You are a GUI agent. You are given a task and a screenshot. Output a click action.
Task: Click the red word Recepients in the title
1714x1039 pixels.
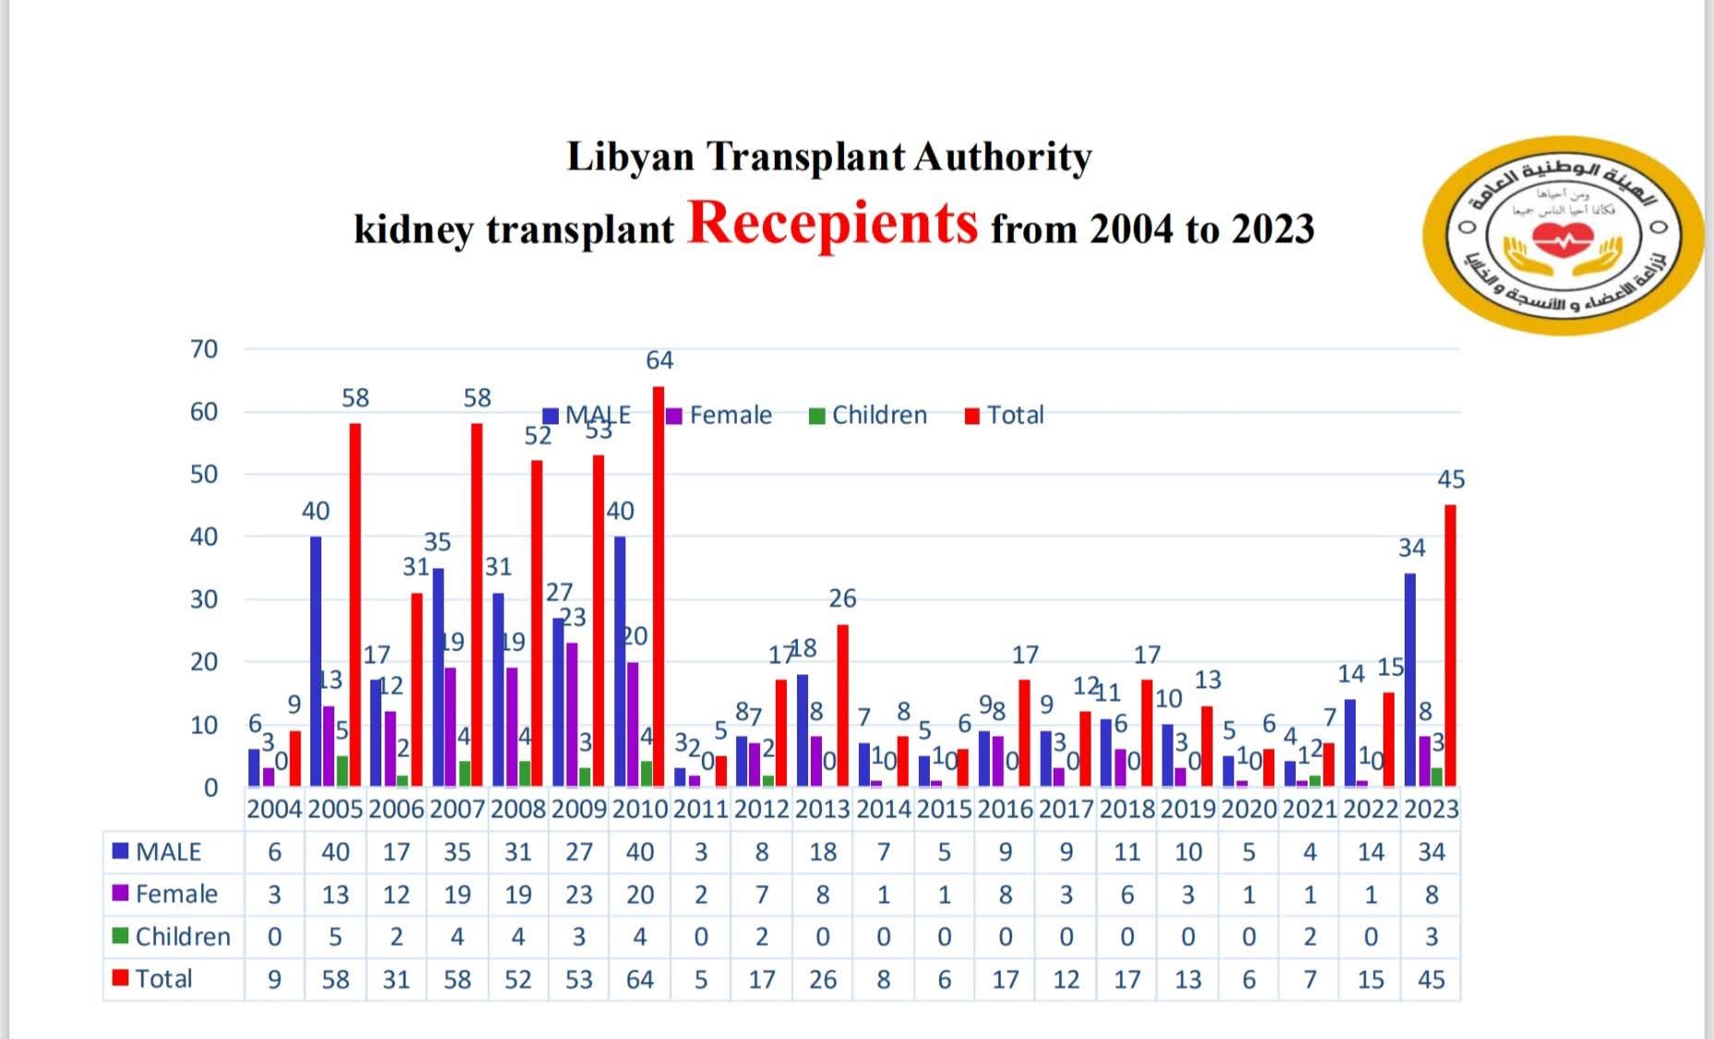(832, 224)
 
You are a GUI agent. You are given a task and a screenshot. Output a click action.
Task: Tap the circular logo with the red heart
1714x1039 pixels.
(1563, 236)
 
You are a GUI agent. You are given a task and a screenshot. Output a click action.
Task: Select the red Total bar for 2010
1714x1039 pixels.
(658, 586)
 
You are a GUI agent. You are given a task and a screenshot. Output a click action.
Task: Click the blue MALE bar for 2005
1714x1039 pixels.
(316, 660)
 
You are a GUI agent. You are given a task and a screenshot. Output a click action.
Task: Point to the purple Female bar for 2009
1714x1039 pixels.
(573, 714)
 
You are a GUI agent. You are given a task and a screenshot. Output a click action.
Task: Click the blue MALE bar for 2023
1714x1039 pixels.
(1410, 679)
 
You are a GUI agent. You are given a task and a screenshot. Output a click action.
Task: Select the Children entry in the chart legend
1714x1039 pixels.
(868, 416)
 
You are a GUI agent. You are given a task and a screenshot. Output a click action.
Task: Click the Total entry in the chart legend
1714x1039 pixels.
(1005, 416)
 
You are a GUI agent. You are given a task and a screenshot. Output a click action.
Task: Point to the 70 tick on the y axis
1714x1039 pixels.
(204, 349)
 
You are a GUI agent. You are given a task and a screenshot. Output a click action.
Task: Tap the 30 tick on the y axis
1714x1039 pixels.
(204, 599)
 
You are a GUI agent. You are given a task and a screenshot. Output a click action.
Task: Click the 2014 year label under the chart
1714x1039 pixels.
(884, 809)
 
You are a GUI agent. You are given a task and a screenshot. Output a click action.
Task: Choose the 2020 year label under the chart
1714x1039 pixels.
(1249, 809)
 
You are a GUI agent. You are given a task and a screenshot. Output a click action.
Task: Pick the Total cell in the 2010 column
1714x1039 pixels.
(640, 979)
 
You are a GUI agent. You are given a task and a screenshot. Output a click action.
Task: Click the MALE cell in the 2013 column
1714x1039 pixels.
(823, 852)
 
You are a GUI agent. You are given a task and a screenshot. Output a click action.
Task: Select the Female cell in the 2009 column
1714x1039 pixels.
(579, 894)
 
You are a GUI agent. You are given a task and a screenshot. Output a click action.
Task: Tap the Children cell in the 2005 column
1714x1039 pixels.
(335, 936)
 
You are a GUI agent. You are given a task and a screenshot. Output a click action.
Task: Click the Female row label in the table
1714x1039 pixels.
(175, 894)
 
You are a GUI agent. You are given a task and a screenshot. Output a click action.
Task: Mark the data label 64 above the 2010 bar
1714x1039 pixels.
(659, 360)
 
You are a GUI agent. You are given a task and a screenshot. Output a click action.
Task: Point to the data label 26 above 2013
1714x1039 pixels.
(842, 598)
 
